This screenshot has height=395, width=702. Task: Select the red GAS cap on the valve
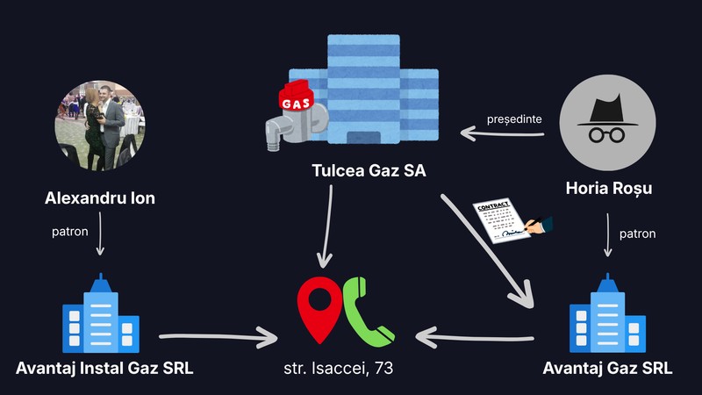pyautogui.click(x=296, y=97)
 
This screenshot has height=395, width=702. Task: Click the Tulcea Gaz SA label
pyautogui.click(x=369, y=170)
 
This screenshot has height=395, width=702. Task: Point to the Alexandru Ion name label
pyautogui.click(x=100, y=198)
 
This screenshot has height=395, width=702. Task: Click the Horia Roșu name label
pyautogui.click(x=609, y=188)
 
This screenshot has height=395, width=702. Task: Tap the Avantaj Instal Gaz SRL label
pyautogui.click(x=104, y=368)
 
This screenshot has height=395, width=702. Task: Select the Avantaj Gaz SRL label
pyautogui.click(x=607, y=368)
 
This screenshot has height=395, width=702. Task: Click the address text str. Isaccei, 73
pyautogui.click(x=339, y=368)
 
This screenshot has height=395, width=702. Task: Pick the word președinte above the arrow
pyautogui.click(x=514, y=119)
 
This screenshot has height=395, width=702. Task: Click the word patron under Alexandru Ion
pyautogui.click(x=70, y=232)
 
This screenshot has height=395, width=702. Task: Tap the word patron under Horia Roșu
pyautogui.click(x=638, y=233)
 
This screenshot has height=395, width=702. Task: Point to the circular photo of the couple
pyautogui.click(x=100, y=126)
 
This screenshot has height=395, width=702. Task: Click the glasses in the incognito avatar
pyautogui.click(x=606, y=135)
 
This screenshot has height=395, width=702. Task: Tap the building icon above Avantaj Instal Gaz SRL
pyautogui.click(x=101, y=313)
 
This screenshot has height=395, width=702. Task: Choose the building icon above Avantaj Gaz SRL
pyautogui.click(x=607, y=313)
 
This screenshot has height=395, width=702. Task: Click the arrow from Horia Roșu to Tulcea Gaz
pyautogui.click(x=502, y=133)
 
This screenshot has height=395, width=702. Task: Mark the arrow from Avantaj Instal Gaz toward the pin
pyautogui.click(x=218, y=337)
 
